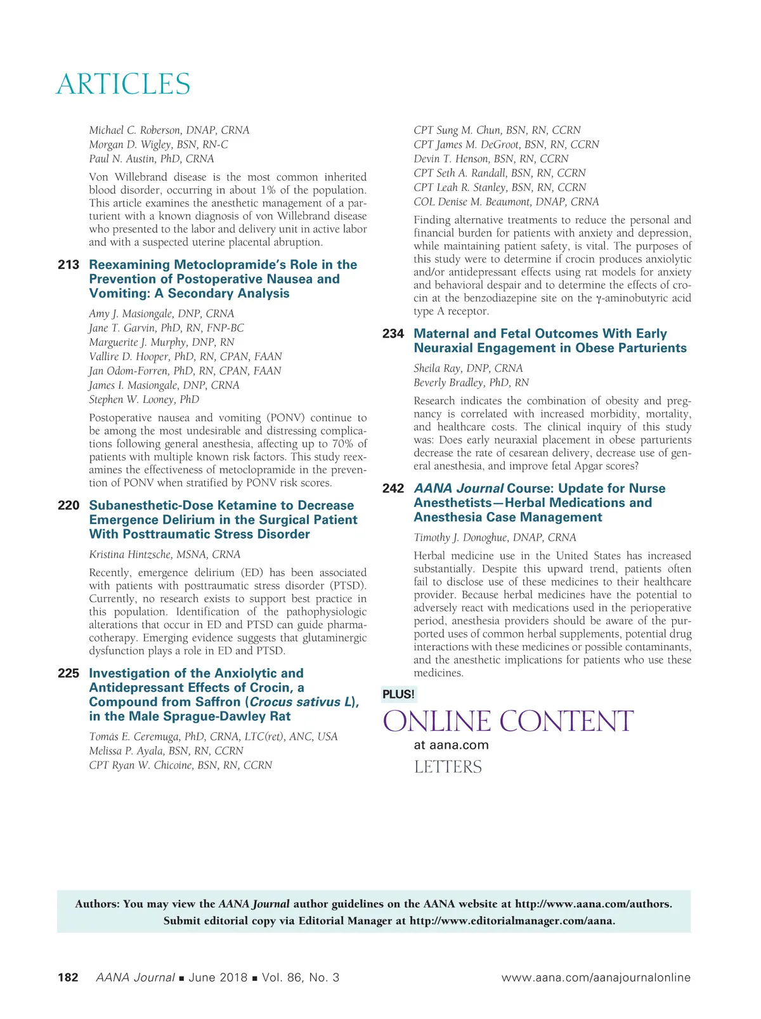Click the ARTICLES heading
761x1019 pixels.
tap(123, 84)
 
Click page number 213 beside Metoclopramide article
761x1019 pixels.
tap(68, 265)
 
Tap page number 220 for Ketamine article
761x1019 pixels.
tap(68, 505)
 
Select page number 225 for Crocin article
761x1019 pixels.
tap(68, 673)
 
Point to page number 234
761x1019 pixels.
tap(393, 334)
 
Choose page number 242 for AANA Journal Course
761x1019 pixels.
tap(393, 489)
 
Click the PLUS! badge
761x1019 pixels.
tap(398, 694)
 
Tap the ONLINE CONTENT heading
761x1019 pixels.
tap(508, 721)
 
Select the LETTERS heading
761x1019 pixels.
tap(448, 767)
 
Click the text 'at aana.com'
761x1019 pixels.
tap(451, 745)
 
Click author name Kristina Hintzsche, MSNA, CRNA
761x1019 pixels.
tap(164, 555)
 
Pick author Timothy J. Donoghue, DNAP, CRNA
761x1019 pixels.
tap(495, 537)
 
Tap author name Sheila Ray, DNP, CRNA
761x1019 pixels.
tap(468, 368)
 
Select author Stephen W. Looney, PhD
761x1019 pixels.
tap(144, 400)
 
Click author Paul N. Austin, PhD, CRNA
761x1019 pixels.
tap(151, 159)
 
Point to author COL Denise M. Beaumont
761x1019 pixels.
tap(505, 202)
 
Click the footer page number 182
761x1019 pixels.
tap(68, 978)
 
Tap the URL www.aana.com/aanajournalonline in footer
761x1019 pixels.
tap(595, 978)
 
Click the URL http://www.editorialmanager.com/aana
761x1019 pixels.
tap(512, 921)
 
